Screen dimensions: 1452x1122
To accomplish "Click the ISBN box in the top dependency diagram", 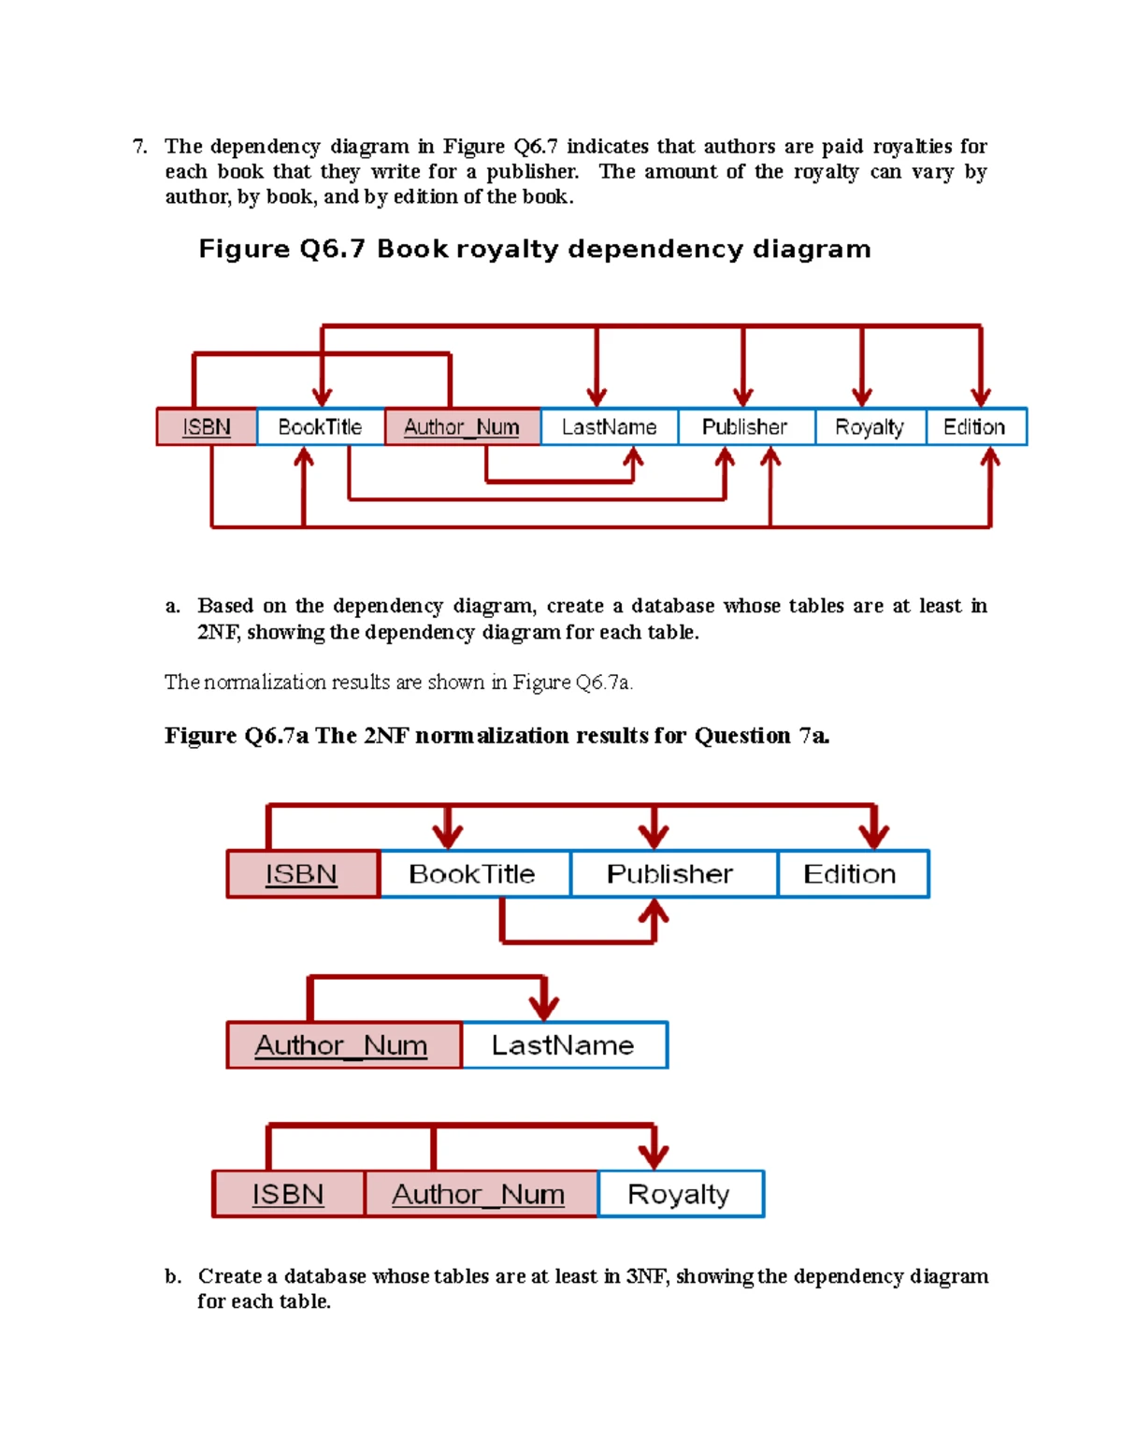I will tap(206, 427).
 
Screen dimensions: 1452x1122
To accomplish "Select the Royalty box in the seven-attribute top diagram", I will tap(870, 427).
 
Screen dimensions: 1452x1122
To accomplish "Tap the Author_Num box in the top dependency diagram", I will tap(462, 427).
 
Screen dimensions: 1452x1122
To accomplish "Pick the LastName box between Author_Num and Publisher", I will tap(609, 427).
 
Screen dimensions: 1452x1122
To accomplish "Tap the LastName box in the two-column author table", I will tap(564, 1045).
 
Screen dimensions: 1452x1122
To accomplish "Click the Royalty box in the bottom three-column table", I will tap(680, 1194).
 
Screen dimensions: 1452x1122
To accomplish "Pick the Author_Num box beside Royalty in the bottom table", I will tap(480, 1194).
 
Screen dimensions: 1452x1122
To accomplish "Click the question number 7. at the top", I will tap(139, 147).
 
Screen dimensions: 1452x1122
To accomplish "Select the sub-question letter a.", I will tap(172, 606).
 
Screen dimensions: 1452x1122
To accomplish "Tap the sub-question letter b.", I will tap(172, 1276).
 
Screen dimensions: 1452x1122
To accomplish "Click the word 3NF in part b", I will tap(646, 1276).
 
